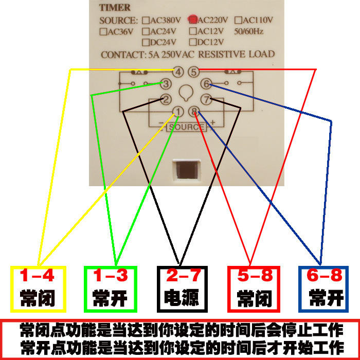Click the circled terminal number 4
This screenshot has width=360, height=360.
pyautogui.click(x=178, y=72)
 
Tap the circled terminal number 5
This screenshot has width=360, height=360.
pyautogui.click(x=194, y=72)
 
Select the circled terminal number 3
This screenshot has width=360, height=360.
pyautogui.click(x=166, y=84)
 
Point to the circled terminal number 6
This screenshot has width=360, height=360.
pyautogui.click(x=206, y=83)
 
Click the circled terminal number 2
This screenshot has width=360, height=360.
pyautogui.click(x=166, y=99)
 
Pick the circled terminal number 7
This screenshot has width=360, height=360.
pyautogui.click(x=206, y=99)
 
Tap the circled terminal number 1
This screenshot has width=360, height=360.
pyautogui.click(x=178, y=112)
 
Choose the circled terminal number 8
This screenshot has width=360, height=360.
pyautogui.click(x=194, y=112)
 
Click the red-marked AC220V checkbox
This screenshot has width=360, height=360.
pyautogui.click(x=193, y=20)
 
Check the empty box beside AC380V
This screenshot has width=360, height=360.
pyautogui.click(x=146, y=20)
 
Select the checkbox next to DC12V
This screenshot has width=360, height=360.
pyautogui.click(x=193, y=42)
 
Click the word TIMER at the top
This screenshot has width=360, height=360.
pyautogui.click(x=115, y=8)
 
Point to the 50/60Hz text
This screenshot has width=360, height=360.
pyautogui.click(x=248, y=31)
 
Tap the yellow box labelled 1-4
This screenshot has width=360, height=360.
pyautogui.click(x=39, y=289)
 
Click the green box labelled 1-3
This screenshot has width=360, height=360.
pyautogui.click(x=111, y=289)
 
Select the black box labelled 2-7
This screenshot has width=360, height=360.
pyautogui.click(x=182, y=289)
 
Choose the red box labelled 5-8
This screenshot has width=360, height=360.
pyautogui.click(x=254, y=289)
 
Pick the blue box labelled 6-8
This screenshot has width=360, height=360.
pyautogui.click(x=323, y=289)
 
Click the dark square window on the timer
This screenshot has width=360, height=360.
pyautogui.click(x=187, y=170)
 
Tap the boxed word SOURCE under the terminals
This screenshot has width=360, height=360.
pyautogui.click(x=186, y=127)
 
